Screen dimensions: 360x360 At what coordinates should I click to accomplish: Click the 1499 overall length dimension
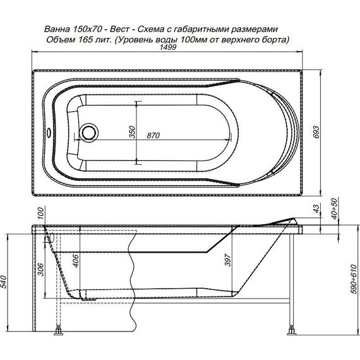(x=168, y=47)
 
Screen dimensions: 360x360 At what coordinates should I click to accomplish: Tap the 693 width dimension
(x=316, y=132)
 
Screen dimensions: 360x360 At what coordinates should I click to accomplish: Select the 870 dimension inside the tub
(x=153, y=135)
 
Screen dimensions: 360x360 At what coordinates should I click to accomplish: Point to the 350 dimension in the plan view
(x=132, y=132)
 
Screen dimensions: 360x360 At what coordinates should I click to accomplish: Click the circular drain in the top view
(x=88, y=133)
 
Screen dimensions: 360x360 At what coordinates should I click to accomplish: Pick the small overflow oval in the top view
(x=49, y=133)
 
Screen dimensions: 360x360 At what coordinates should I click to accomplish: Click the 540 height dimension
(x=4, y=282)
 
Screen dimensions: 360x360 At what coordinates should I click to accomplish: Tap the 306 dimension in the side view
(x=40, y=269)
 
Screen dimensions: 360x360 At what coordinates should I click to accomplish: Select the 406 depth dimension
(x=76, y=261)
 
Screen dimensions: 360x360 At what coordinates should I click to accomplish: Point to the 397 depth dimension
(x=227, y=260)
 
